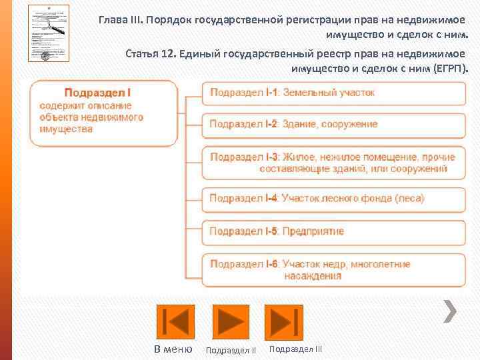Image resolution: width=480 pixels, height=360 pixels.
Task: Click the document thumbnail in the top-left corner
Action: coord(48,33)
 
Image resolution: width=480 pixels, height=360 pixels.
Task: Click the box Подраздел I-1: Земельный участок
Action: coord(333,93)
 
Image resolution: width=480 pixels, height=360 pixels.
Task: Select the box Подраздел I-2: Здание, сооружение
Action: coord(333,125)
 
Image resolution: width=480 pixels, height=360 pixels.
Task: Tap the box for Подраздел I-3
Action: coord(333,163)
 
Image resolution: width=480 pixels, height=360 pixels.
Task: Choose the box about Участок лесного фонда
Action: coord(333,199)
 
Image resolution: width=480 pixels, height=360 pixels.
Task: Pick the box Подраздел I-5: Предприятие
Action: coord(333,231)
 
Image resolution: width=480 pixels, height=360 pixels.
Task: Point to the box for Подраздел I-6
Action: coord(333,270)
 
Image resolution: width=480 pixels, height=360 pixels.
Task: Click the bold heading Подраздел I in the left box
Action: coord(101,93)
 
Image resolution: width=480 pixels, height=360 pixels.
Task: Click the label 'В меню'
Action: coord(173,349)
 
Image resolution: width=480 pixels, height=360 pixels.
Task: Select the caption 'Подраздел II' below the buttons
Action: coord(231,350)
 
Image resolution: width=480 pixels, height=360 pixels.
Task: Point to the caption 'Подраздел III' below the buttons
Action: coord(295,349)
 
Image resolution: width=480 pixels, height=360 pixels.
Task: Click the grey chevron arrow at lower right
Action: coord(451,309)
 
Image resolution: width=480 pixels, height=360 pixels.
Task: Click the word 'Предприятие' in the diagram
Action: coord(313,231)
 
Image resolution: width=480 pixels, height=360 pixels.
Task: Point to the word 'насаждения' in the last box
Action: coord(313,276)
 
